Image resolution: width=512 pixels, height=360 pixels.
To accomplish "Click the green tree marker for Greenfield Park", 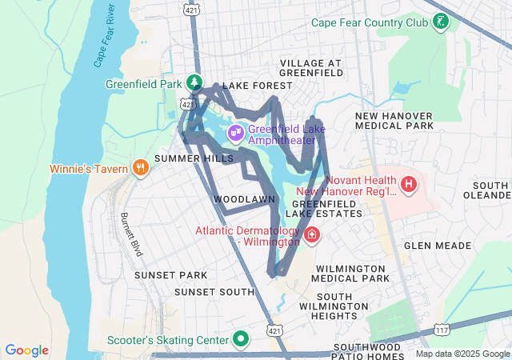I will tap(194, 82).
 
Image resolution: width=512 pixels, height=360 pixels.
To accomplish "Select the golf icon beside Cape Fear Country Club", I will tap(440, 22).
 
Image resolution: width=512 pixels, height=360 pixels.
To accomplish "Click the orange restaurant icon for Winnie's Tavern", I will tap(140, 168).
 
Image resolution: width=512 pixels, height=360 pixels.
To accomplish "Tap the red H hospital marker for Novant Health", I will tap(409, 185).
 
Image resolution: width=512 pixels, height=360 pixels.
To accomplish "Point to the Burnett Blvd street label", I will tap(131, 234).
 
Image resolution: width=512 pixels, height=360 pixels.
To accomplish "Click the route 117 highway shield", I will tap(442, 329).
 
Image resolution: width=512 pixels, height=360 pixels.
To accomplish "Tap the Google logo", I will tap(27, 350).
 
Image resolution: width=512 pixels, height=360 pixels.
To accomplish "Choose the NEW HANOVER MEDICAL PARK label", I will tap(394, 121).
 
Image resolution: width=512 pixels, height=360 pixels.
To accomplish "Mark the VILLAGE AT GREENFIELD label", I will tap(310, 69).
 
